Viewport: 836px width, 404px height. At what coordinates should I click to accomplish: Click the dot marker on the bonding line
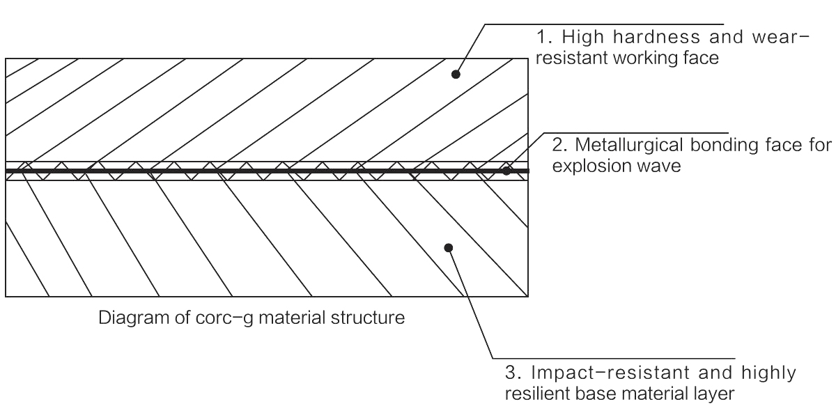(508, 170)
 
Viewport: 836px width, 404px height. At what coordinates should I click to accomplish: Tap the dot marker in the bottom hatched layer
(449, 247)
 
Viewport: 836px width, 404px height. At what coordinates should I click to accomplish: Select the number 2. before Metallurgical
(558, 146)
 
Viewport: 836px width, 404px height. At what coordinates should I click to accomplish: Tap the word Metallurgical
(628, 146)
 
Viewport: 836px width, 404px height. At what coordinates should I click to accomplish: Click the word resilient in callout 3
(534, 394)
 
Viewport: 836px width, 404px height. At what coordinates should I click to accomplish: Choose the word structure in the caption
(370, 319)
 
